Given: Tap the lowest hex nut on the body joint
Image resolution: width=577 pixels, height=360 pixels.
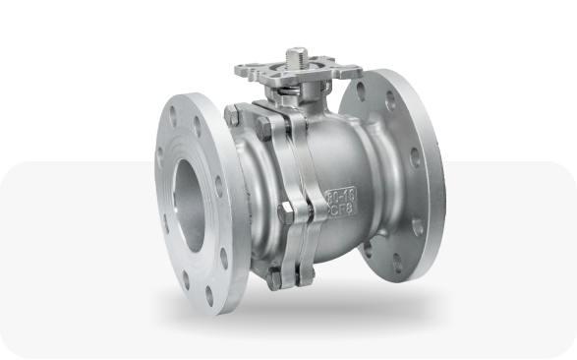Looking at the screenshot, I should (x=276, y=278).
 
